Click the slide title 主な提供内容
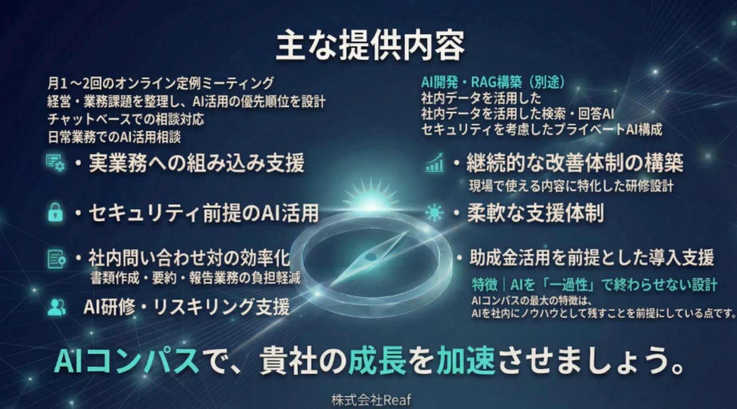click(x=370, y=46)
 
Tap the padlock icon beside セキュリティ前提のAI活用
click(x=55, y=212)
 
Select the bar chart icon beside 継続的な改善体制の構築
click(x=434, y=163)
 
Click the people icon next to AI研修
click(x=56, y=307)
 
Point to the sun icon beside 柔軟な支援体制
click(x=434, y=212)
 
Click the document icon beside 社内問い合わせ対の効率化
click(x=55, y=259)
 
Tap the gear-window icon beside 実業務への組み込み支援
click(x=55, y=163)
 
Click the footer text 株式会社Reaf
click(x=370, y=400)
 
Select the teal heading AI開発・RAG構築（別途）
click(x=493, y=82)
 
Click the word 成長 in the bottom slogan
click(x=377, y=360)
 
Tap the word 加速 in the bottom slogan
click(x=466, y=360)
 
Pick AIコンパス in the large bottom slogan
click(x=127, y=360)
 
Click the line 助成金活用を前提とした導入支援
click(x=591, y=258)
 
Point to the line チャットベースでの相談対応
click(x=126, y=119)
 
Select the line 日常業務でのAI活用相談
click(x=114, y=137)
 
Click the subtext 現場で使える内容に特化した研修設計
click(x=571, y=186)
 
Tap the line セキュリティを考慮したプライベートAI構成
click(x=541, y=129)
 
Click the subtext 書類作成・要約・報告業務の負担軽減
click(x=195, y=278)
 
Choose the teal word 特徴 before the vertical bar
click(x=484, y=285)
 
